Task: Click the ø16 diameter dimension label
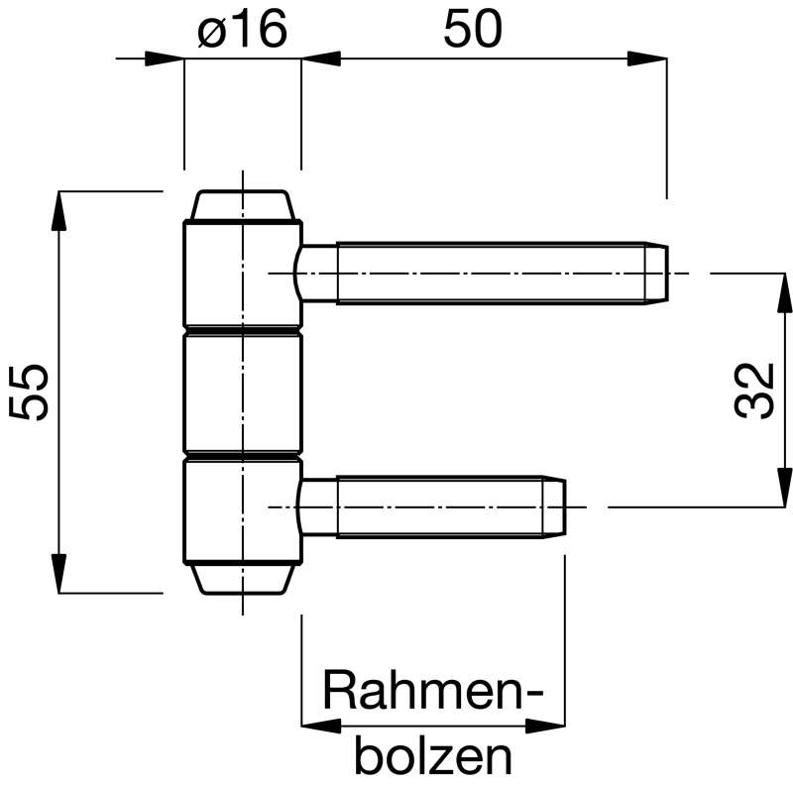pos(242,29)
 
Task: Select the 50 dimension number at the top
pos(473,29)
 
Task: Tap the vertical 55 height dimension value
pos(29,392)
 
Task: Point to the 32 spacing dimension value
pos(754,391)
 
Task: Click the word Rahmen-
pos(433,691)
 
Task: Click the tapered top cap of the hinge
pos(243,205)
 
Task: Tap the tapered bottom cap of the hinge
pos(243,578)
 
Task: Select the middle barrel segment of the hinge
pos(243,393)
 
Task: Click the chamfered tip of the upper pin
pos(656,274)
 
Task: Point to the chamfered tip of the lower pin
pos(554,506)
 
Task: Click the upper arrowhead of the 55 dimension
pos(59,211)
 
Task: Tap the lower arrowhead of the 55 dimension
pos(59,573)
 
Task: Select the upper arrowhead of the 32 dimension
pos(784,293)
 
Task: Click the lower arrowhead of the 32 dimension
pos(784,487)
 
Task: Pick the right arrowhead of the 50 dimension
pos(647,58)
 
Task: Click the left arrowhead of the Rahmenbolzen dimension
pos(321,727)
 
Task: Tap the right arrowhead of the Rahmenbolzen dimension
pos(545,727)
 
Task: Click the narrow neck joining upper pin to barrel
pos(316,274)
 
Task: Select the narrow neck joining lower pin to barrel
pos(317,506)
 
